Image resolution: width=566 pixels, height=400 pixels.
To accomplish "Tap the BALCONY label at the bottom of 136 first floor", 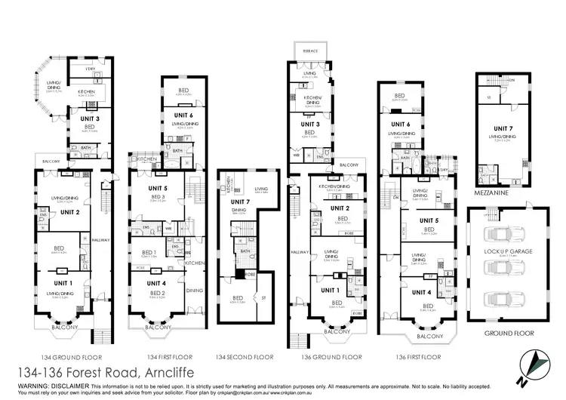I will coord(429,336).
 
